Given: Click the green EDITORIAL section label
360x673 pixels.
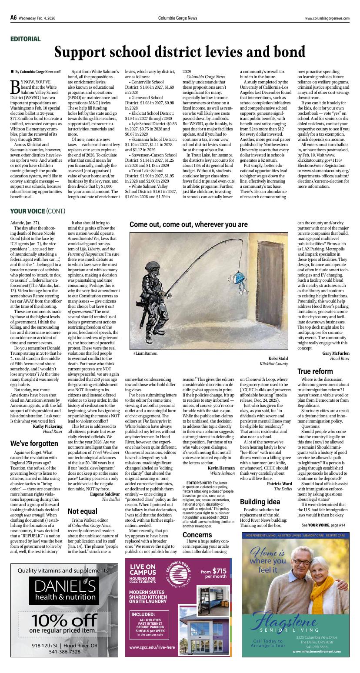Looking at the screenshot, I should tap(25, 39).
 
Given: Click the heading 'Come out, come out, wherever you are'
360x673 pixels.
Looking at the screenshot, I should tap(188, 225).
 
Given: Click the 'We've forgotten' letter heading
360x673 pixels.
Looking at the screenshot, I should tap(33, 443).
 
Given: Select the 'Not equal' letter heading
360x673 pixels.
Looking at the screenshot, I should tap(82, 511).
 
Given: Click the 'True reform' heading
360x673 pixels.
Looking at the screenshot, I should tap(315, 371).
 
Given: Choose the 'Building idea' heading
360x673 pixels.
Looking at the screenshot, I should tap(260, 501).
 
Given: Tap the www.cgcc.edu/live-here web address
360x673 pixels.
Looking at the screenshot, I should tap(152, 647).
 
